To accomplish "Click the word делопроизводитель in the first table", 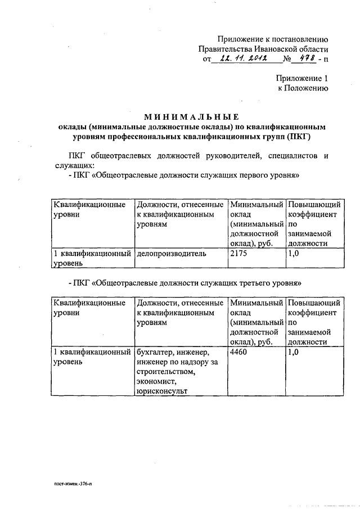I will point(171,253).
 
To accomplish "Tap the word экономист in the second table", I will point(155,381).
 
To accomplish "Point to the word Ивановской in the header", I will point(269,49).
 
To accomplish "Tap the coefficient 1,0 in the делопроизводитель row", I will point(294,253).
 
